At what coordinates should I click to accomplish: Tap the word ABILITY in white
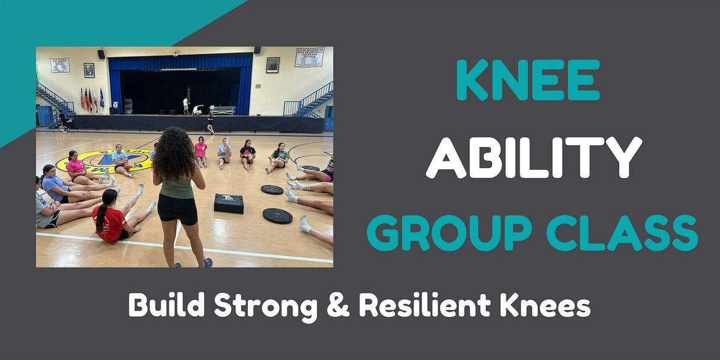tap(533, 157)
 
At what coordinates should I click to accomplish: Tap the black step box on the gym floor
tap(229, 203)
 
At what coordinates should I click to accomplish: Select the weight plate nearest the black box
tap(272, 190)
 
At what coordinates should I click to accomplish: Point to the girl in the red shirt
tap(110, 218)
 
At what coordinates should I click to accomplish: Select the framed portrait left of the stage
tap(89, 70)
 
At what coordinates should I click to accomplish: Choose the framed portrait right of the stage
tap(272, 65)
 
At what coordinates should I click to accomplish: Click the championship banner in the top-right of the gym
tap(310, 57)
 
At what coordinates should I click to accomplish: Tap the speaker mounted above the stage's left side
tap(101, 54)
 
